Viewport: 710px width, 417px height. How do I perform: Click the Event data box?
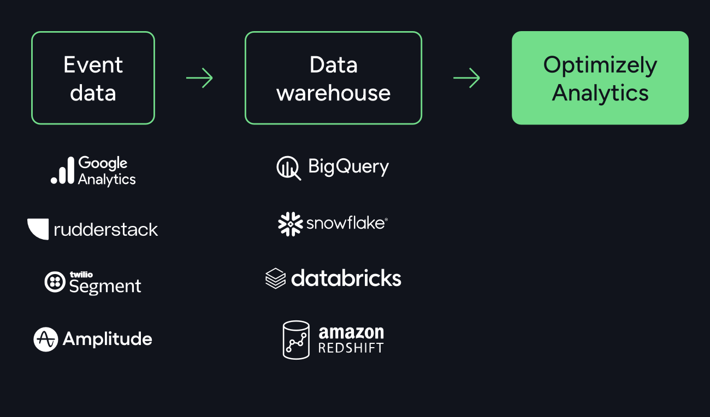tap(93, 78)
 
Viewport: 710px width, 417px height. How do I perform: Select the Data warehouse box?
tap(333, 78)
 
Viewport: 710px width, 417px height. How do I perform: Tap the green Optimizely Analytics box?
tap(600, 78)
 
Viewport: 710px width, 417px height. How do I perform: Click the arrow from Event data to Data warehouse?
tap(199, 78)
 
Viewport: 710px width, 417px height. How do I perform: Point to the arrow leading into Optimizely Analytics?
tap(466, 78)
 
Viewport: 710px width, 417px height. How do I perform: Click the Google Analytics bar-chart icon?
tap(62, 170)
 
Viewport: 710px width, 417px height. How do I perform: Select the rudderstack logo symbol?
tap(38, 229)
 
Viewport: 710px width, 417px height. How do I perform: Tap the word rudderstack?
tap(106, 229)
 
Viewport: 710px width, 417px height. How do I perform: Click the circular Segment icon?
tap(55, 282)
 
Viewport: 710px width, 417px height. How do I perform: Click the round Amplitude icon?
tap(45, 339)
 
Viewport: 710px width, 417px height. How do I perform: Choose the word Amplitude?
tap(108, 339)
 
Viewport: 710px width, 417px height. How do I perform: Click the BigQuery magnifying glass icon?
tap(288, 168)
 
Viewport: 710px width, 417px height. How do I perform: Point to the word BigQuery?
tap(348, 166)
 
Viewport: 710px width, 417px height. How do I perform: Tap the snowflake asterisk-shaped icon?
tap(290, 224)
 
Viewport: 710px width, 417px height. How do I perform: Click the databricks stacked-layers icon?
tap(275, 278)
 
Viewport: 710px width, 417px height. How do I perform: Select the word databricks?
tap(346, 278)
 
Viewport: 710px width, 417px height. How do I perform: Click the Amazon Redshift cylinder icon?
tap(296, 339)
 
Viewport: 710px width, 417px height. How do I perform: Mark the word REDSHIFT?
tap(351, 348)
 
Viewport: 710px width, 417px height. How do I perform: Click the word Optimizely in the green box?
tap(600, 65)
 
